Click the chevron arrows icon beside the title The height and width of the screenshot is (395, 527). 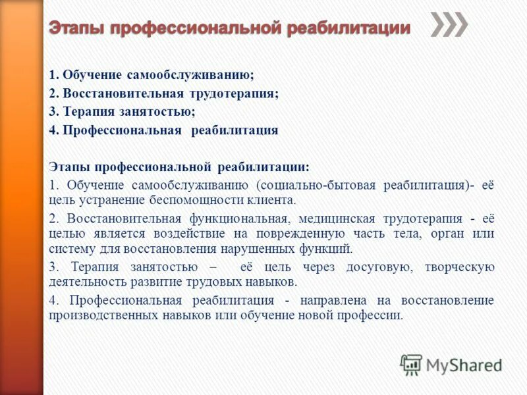449,24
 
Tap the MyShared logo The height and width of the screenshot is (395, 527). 451,364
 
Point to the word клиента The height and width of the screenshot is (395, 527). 271,201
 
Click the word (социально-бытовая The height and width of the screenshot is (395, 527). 306,185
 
